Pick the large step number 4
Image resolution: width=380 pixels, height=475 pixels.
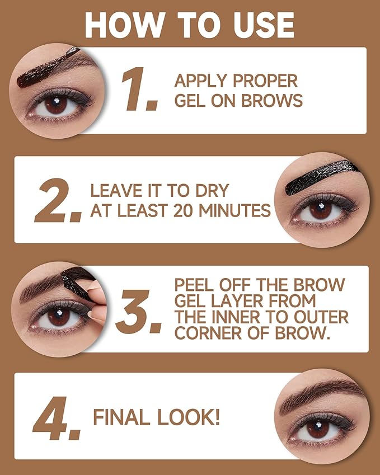pyautogui.click(x=56, y=420)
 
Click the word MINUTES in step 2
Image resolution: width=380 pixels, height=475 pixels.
pyautogui.click(x=244, y=210)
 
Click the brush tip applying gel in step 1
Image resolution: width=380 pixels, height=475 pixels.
pyautogui.click(x=72, y=51)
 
